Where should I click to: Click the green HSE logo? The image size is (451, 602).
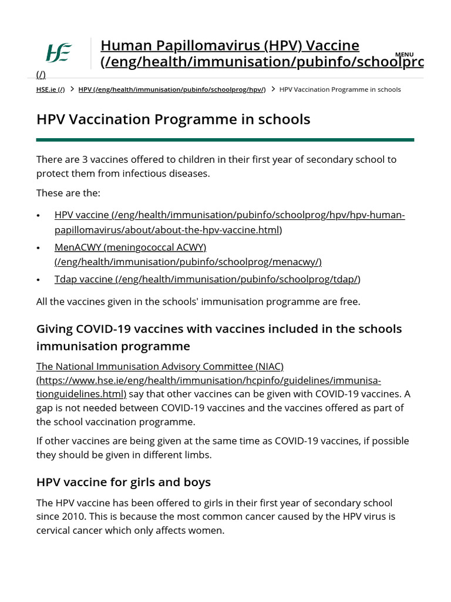(59, 53)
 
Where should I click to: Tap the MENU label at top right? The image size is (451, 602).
(404, 55)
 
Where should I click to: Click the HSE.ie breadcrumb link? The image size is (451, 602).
(51, 89)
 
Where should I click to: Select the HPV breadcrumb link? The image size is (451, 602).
(172, 89)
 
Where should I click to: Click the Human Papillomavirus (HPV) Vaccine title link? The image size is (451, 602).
(230, 46)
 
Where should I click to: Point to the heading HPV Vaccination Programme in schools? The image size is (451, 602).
(173, 119)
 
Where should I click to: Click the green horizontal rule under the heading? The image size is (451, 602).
(225, 140)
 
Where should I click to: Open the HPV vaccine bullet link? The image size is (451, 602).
(230, 215)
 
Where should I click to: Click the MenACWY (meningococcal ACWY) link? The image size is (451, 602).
(130, 248)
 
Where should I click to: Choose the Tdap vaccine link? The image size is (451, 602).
(207, 279)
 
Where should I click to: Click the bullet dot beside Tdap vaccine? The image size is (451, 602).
(39, 280)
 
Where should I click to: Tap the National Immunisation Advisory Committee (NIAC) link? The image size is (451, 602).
(160, 366)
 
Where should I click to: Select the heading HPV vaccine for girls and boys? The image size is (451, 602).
(123, 482)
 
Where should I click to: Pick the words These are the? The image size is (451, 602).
(68, 193)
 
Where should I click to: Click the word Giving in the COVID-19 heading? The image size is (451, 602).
(56, 329)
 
